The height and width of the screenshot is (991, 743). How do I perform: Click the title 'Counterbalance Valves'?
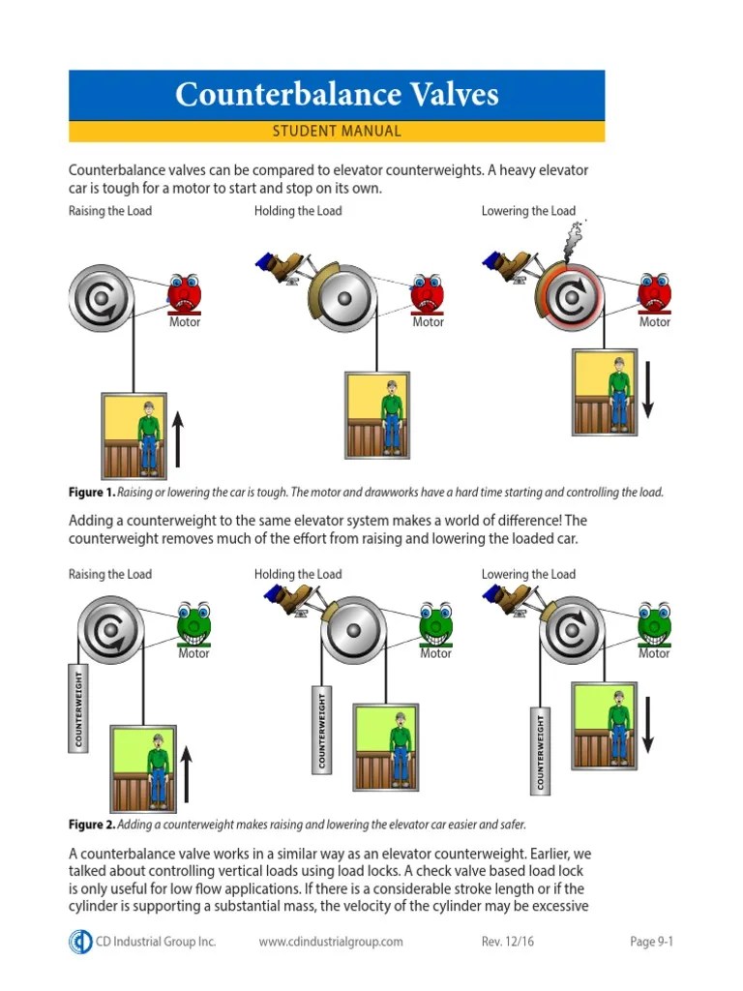pos(337,95)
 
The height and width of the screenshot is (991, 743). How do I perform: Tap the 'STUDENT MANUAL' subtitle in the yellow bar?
pos(337,132)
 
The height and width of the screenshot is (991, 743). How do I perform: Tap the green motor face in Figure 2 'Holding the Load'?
pos(435,624)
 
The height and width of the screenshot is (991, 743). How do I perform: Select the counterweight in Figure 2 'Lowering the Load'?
pos(540,748)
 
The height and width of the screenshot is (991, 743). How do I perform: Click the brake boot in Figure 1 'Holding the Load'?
pos(282,266)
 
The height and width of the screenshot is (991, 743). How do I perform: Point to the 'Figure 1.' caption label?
pos(91,493)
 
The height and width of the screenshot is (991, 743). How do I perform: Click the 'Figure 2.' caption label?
pos(91,826)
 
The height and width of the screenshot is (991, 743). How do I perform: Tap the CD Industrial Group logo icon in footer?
pos(80,942)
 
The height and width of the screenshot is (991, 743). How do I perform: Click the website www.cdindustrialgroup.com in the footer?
pos(331,942)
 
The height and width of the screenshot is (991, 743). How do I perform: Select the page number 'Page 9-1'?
pos(650,942)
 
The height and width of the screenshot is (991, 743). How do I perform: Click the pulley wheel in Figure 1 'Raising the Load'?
pos(101,297)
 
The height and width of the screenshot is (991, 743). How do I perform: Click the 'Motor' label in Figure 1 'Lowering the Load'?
pos(655,322)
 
